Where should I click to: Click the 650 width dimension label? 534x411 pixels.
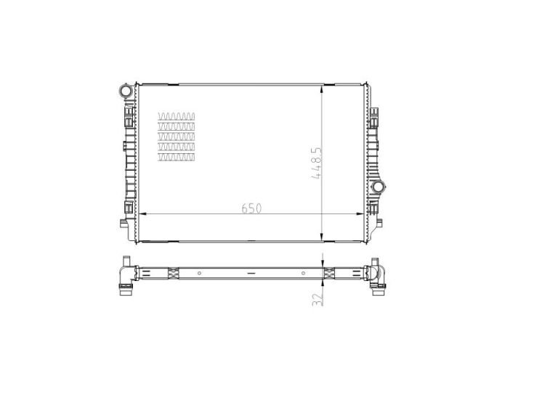(x=251, y=208)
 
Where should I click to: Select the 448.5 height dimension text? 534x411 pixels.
(x=316, y=163)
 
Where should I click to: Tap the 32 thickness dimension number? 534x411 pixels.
(x=317, y=299)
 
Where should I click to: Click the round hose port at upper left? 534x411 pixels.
(x=125, y=91)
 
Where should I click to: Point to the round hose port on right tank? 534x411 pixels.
(x=378, y=187)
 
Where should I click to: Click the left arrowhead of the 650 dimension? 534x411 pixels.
(x=143, y=213)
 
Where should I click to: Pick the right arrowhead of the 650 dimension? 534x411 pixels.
(x=360, y=213)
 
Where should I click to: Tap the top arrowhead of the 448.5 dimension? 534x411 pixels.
(x=322, y=89)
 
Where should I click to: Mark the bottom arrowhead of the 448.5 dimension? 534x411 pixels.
(x=322, y=237)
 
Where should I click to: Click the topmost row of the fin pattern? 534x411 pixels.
(x=177, y=116)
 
